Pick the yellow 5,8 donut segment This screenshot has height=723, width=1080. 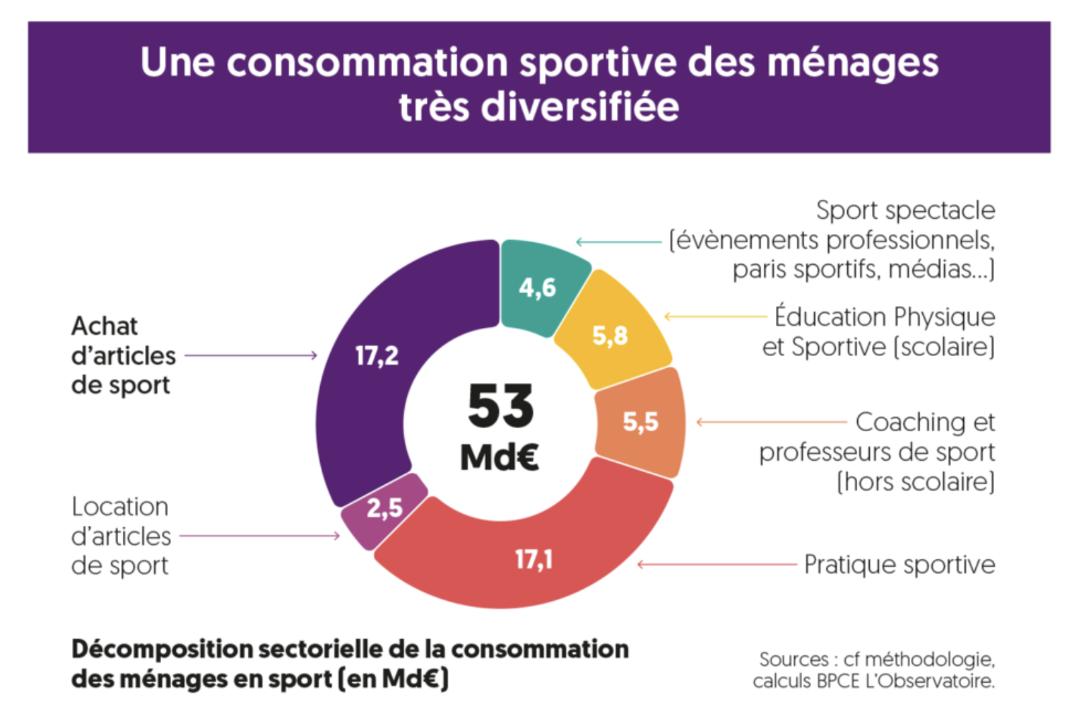pyautogui.click(x=611, y=332)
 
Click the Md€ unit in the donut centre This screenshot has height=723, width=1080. pyautogui.click(x=500, y=457)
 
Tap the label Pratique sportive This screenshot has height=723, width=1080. pyautogui.click(x=899, y=565)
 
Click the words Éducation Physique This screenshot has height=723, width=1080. pyautogui.click(x=885, y=317)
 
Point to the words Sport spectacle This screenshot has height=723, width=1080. pyautogui.click(x=905, y=211)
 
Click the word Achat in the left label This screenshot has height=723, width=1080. pyautogui.click(x=104, y=327)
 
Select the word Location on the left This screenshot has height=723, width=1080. pyautogui.click(x=119, y=507)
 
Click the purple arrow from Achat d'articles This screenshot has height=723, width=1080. pyautogui.click(x=250, y=355)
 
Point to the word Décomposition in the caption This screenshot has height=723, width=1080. pyautogui.click(x=161, y=649)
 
